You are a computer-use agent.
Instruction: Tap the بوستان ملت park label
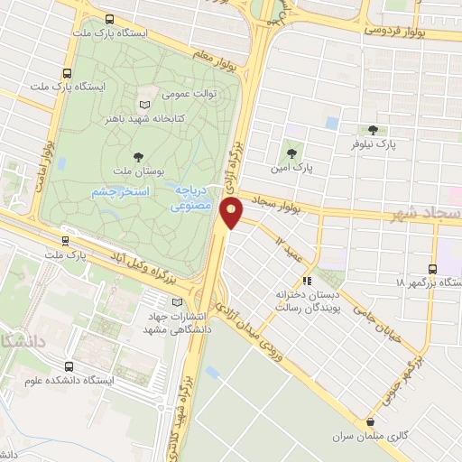point(138,171)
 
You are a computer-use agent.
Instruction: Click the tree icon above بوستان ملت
point(138,155)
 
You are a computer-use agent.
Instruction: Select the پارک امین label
point(291,168)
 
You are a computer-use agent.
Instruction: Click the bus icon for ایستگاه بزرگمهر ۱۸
point(433,268)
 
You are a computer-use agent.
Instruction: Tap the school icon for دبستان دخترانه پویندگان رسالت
point(307,281)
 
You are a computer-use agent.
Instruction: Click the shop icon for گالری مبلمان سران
point(371,421)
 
